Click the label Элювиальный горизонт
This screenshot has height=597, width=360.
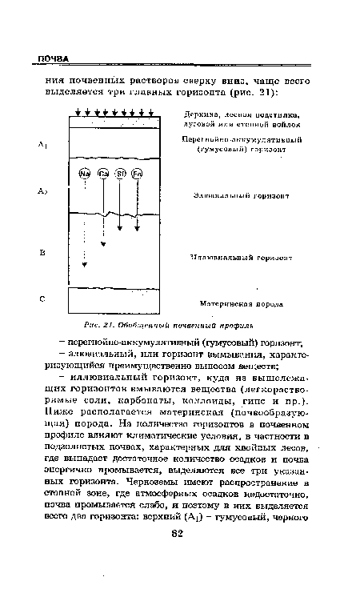[x=241, y=194]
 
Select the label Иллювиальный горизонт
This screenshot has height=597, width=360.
[x=240, y=258]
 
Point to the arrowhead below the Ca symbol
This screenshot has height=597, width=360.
[x=103, y=244]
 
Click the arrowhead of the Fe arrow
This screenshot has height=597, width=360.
[x=137, y=230]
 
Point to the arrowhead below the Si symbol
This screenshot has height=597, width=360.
[x=120, y=230]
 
